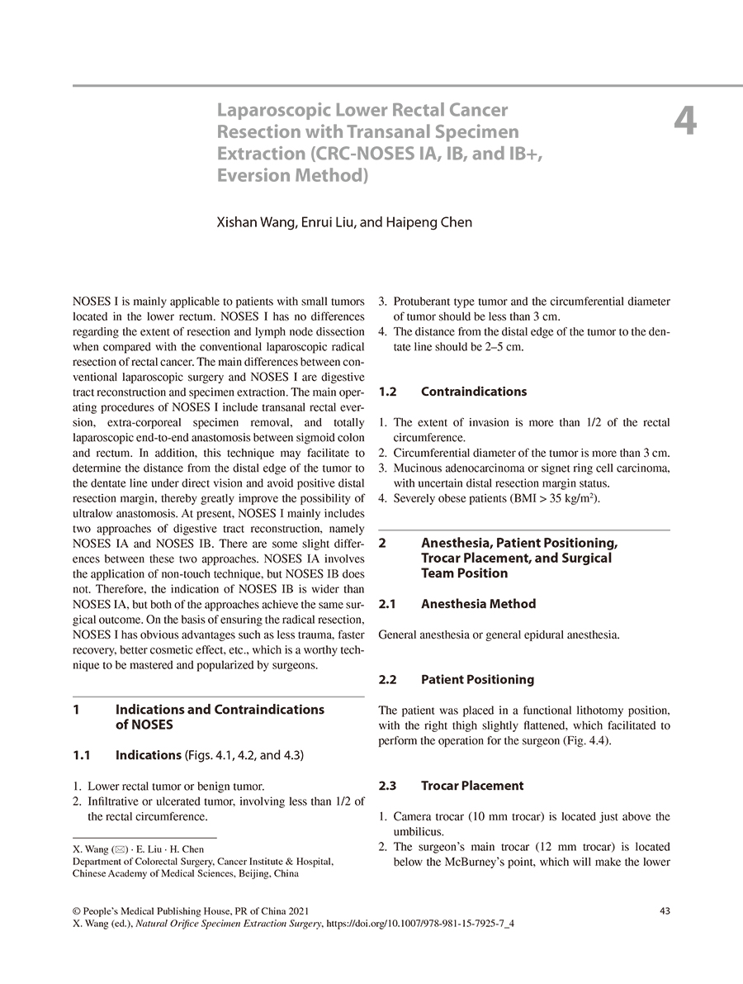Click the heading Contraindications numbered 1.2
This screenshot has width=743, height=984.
coord(473,392)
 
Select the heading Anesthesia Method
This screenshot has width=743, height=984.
coord(478,604)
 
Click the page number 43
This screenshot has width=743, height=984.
coord(665,910)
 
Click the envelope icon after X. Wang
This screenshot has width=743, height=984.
coord(114,849)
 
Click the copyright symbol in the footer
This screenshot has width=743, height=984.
coord(77,911)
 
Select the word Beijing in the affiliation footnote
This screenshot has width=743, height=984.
coord(243,872)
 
